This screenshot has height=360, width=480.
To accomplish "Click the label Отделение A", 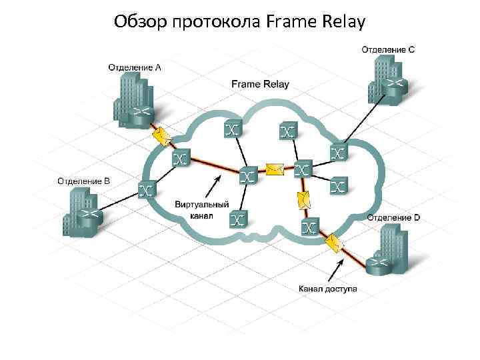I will coord(135,67).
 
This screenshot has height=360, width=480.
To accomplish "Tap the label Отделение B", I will coord(83,181).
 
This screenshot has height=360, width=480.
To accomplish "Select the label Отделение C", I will coord(388,49).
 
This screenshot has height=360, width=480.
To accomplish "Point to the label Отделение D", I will coord(393,217).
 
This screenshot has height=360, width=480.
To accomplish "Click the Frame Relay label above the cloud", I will coord(260,84).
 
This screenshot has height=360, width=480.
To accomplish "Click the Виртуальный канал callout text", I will coord(202,210).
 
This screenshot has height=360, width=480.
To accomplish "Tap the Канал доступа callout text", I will coord(327,289).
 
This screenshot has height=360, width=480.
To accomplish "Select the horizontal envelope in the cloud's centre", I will coord(275,169).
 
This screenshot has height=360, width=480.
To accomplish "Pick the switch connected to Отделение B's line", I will coord(147,190).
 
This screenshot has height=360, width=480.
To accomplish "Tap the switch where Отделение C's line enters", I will coord(339,153).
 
